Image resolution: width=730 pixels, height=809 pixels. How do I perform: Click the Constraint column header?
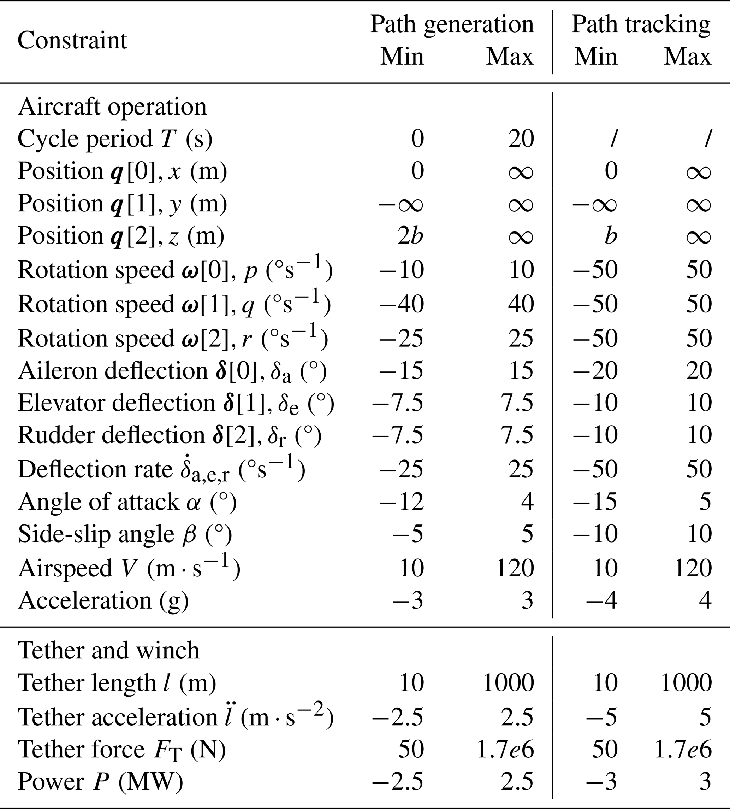pos(72,40)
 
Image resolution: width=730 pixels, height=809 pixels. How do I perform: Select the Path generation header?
pos(452,24)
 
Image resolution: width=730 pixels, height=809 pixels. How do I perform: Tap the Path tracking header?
pos(641,24)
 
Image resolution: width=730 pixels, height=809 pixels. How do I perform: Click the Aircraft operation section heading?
pos(112,107)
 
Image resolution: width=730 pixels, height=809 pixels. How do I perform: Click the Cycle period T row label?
pos(115,139)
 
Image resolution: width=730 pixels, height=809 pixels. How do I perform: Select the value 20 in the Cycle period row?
pos(521,139)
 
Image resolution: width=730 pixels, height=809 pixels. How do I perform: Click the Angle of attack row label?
pos(127,502)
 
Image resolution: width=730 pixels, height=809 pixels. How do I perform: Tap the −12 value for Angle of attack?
pos(402,502)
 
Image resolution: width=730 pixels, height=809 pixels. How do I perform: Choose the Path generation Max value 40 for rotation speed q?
pos(521,304)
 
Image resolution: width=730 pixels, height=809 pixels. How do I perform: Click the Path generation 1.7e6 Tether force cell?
pos(505,749)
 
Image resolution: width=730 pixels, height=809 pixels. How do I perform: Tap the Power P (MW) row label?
pos(100,781)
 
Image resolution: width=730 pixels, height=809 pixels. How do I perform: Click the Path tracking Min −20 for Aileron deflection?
pos(595,370)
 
